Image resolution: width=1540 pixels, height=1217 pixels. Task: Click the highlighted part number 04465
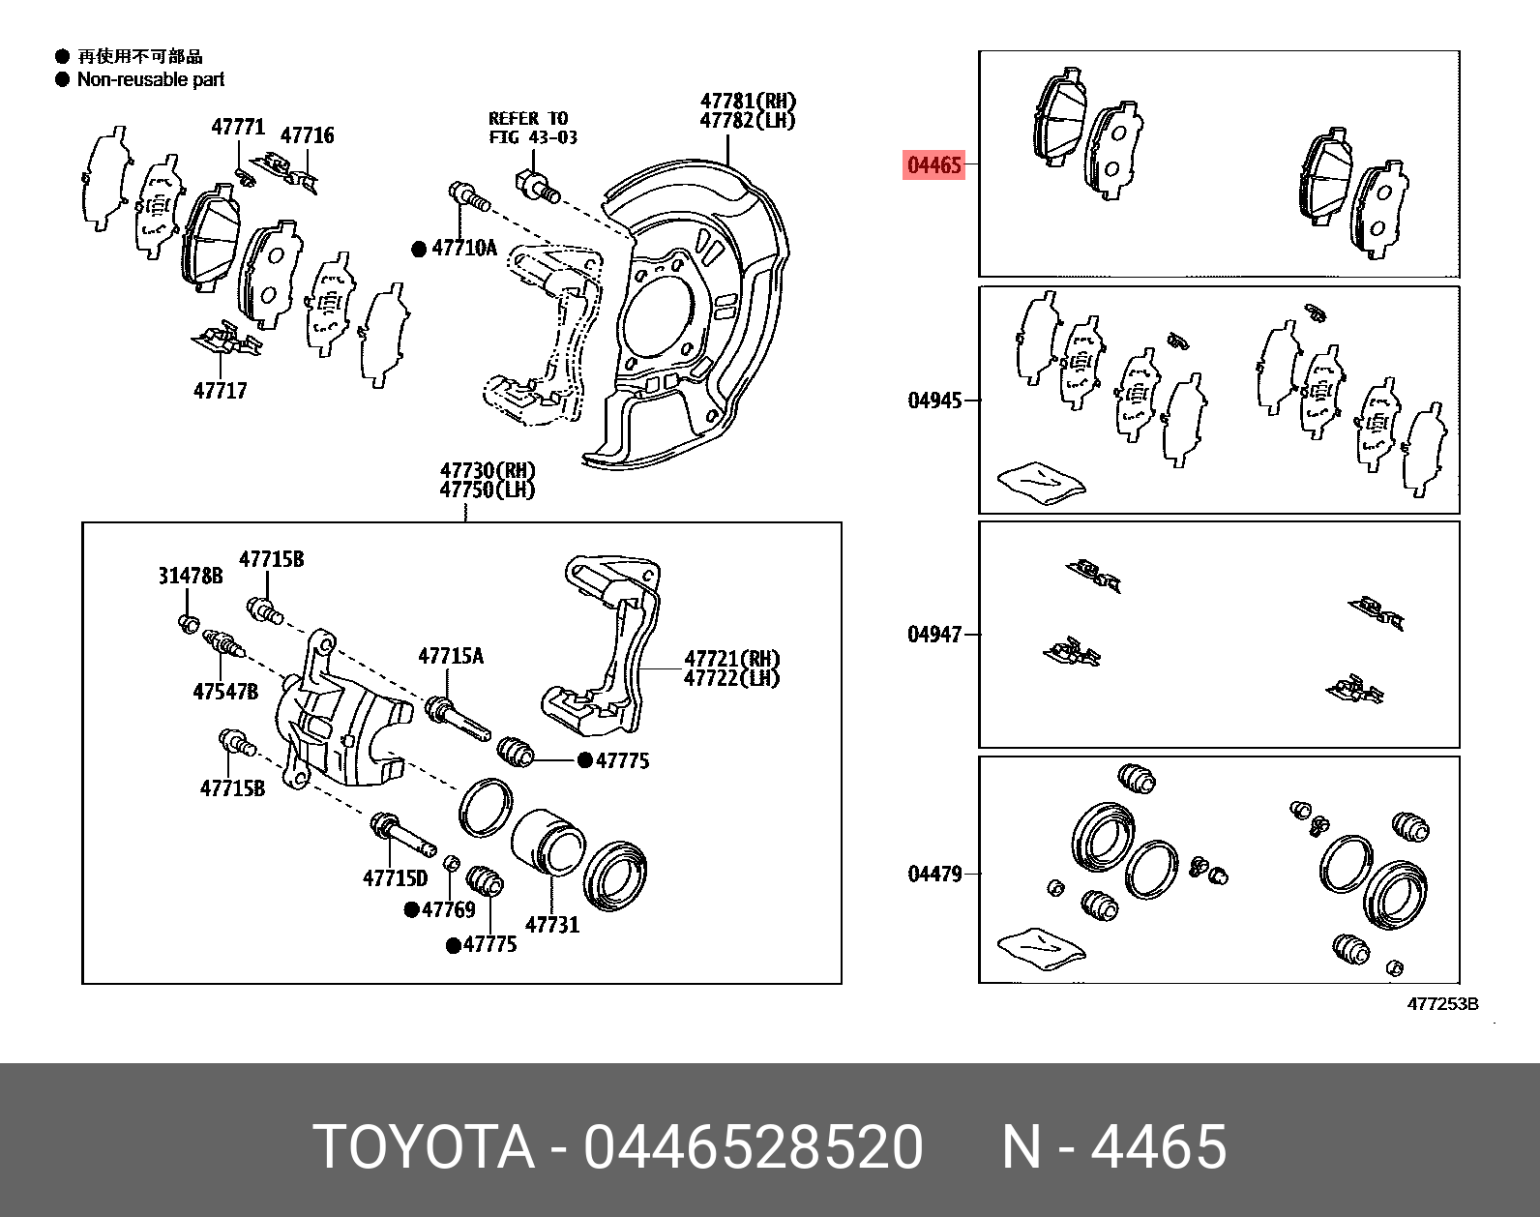(934, 165)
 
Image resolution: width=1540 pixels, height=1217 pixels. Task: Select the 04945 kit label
(934, 401)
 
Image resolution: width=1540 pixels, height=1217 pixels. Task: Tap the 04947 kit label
(934, 635)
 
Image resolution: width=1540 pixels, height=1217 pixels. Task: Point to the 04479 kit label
(934, 875)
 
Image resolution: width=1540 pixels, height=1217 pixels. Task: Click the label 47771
(238, 127)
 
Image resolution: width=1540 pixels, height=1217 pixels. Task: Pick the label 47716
(308, 135)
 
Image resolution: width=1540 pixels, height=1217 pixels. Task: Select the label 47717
(221, 391)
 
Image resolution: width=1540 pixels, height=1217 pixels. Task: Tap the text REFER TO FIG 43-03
(532, 128)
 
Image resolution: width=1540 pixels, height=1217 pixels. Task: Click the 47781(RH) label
(748, 101)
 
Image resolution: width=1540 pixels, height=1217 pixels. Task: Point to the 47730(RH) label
(488, 471)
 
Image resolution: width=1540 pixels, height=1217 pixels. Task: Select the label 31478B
(191, 577)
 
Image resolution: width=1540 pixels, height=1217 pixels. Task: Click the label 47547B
(225, 692)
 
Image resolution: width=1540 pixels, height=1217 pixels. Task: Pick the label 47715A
(451, 657)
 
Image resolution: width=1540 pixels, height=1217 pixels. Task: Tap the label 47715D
(395, 878)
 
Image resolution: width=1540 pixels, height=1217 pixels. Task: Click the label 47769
(449, 909)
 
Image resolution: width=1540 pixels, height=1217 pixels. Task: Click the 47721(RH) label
(731, 659)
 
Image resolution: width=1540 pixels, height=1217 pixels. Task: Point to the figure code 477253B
(1441, 1004)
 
